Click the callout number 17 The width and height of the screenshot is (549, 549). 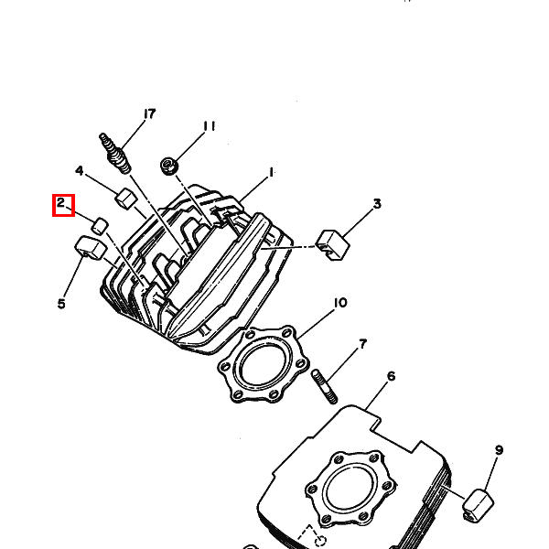click(x=149, y=114)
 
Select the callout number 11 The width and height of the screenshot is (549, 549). click(x=210, y=126)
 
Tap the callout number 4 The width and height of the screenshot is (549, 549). click(x=80, y=171)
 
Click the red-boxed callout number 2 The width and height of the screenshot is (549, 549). click(x=61, y=203)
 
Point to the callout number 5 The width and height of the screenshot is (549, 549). click(x=61, y=304)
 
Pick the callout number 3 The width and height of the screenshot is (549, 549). click(x=377, y=204)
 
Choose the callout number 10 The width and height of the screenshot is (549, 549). click(x=340, y=303)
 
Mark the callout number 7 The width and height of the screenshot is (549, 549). click(x=362, y=344)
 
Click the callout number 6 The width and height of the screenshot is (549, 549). click(x=391, y=376)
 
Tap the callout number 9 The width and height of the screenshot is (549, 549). click(x=499, y=450)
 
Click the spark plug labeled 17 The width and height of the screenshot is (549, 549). click(x=115, y=154)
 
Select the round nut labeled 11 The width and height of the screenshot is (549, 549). click(x=168, y=166)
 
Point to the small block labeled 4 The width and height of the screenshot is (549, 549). click(x=125, y=199)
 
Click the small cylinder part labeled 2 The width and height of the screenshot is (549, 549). click(x=100, y=225)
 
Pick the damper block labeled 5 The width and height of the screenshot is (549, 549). click(x=91, y=248)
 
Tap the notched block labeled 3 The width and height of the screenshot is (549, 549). click(x=333, y=245)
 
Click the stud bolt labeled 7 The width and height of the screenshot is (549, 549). click(x=324, y=386)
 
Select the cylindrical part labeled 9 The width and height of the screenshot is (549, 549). click(x=479, y=506)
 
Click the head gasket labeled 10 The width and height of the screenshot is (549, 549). click(x=264, y=364)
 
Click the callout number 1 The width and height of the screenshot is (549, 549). click(x=271, y=173)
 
